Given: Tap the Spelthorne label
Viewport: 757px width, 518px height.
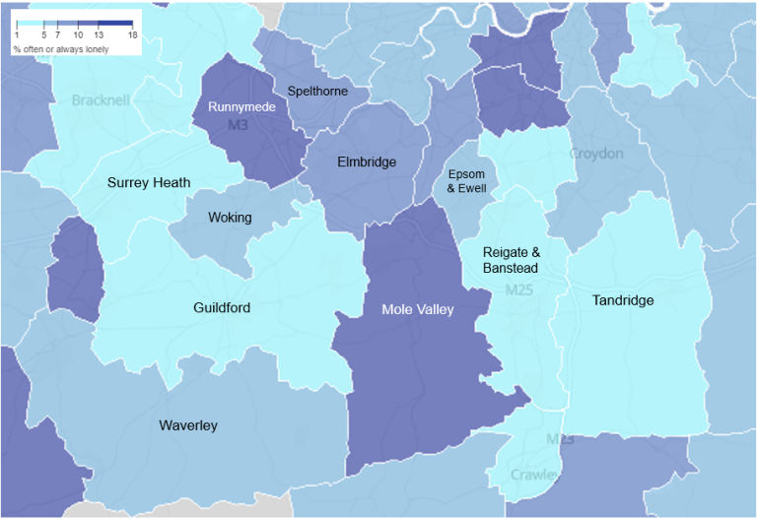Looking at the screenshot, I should click(316, 92).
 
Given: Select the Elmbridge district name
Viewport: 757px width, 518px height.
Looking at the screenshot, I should click(367, 162).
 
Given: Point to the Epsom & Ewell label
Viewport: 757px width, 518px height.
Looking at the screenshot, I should click(467, 180).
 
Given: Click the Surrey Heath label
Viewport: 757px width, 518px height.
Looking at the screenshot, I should click(149, 182).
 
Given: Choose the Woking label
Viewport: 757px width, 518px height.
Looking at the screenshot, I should click(230, 218).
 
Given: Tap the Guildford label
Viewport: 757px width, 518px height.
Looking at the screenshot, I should click(222, 308).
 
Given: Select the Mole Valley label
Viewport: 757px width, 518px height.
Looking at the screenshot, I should click(418, 309).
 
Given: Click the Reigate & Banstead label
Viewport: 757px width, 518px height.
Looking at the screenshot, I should click(511, 260).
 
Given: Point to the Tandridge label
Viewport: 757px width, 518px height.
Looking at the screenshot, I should click(622, 300).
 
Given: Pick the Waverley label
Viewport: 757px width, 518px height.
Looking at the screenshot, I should click(188, 425).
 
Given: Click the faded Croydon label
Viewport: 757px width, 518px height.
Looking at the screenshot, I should click(596, 154).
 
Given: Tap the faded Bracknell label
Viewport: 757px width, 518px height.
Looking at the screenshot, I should click(101, 100).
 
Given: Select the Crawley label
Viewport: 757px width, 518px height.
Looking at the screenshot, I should click(533, 475).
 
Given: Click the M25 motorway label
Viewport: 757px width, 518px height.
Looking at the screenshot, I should click(518, 291).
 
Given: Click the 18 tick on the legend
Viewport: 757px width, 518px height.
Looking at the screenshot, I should click(132, 34).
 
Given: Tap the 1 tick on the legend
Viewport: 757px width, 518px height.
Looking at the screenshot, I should click(16, 34).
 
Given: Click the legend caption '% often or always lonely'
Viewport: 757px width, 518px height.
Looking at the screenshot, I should click(61, 47).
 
